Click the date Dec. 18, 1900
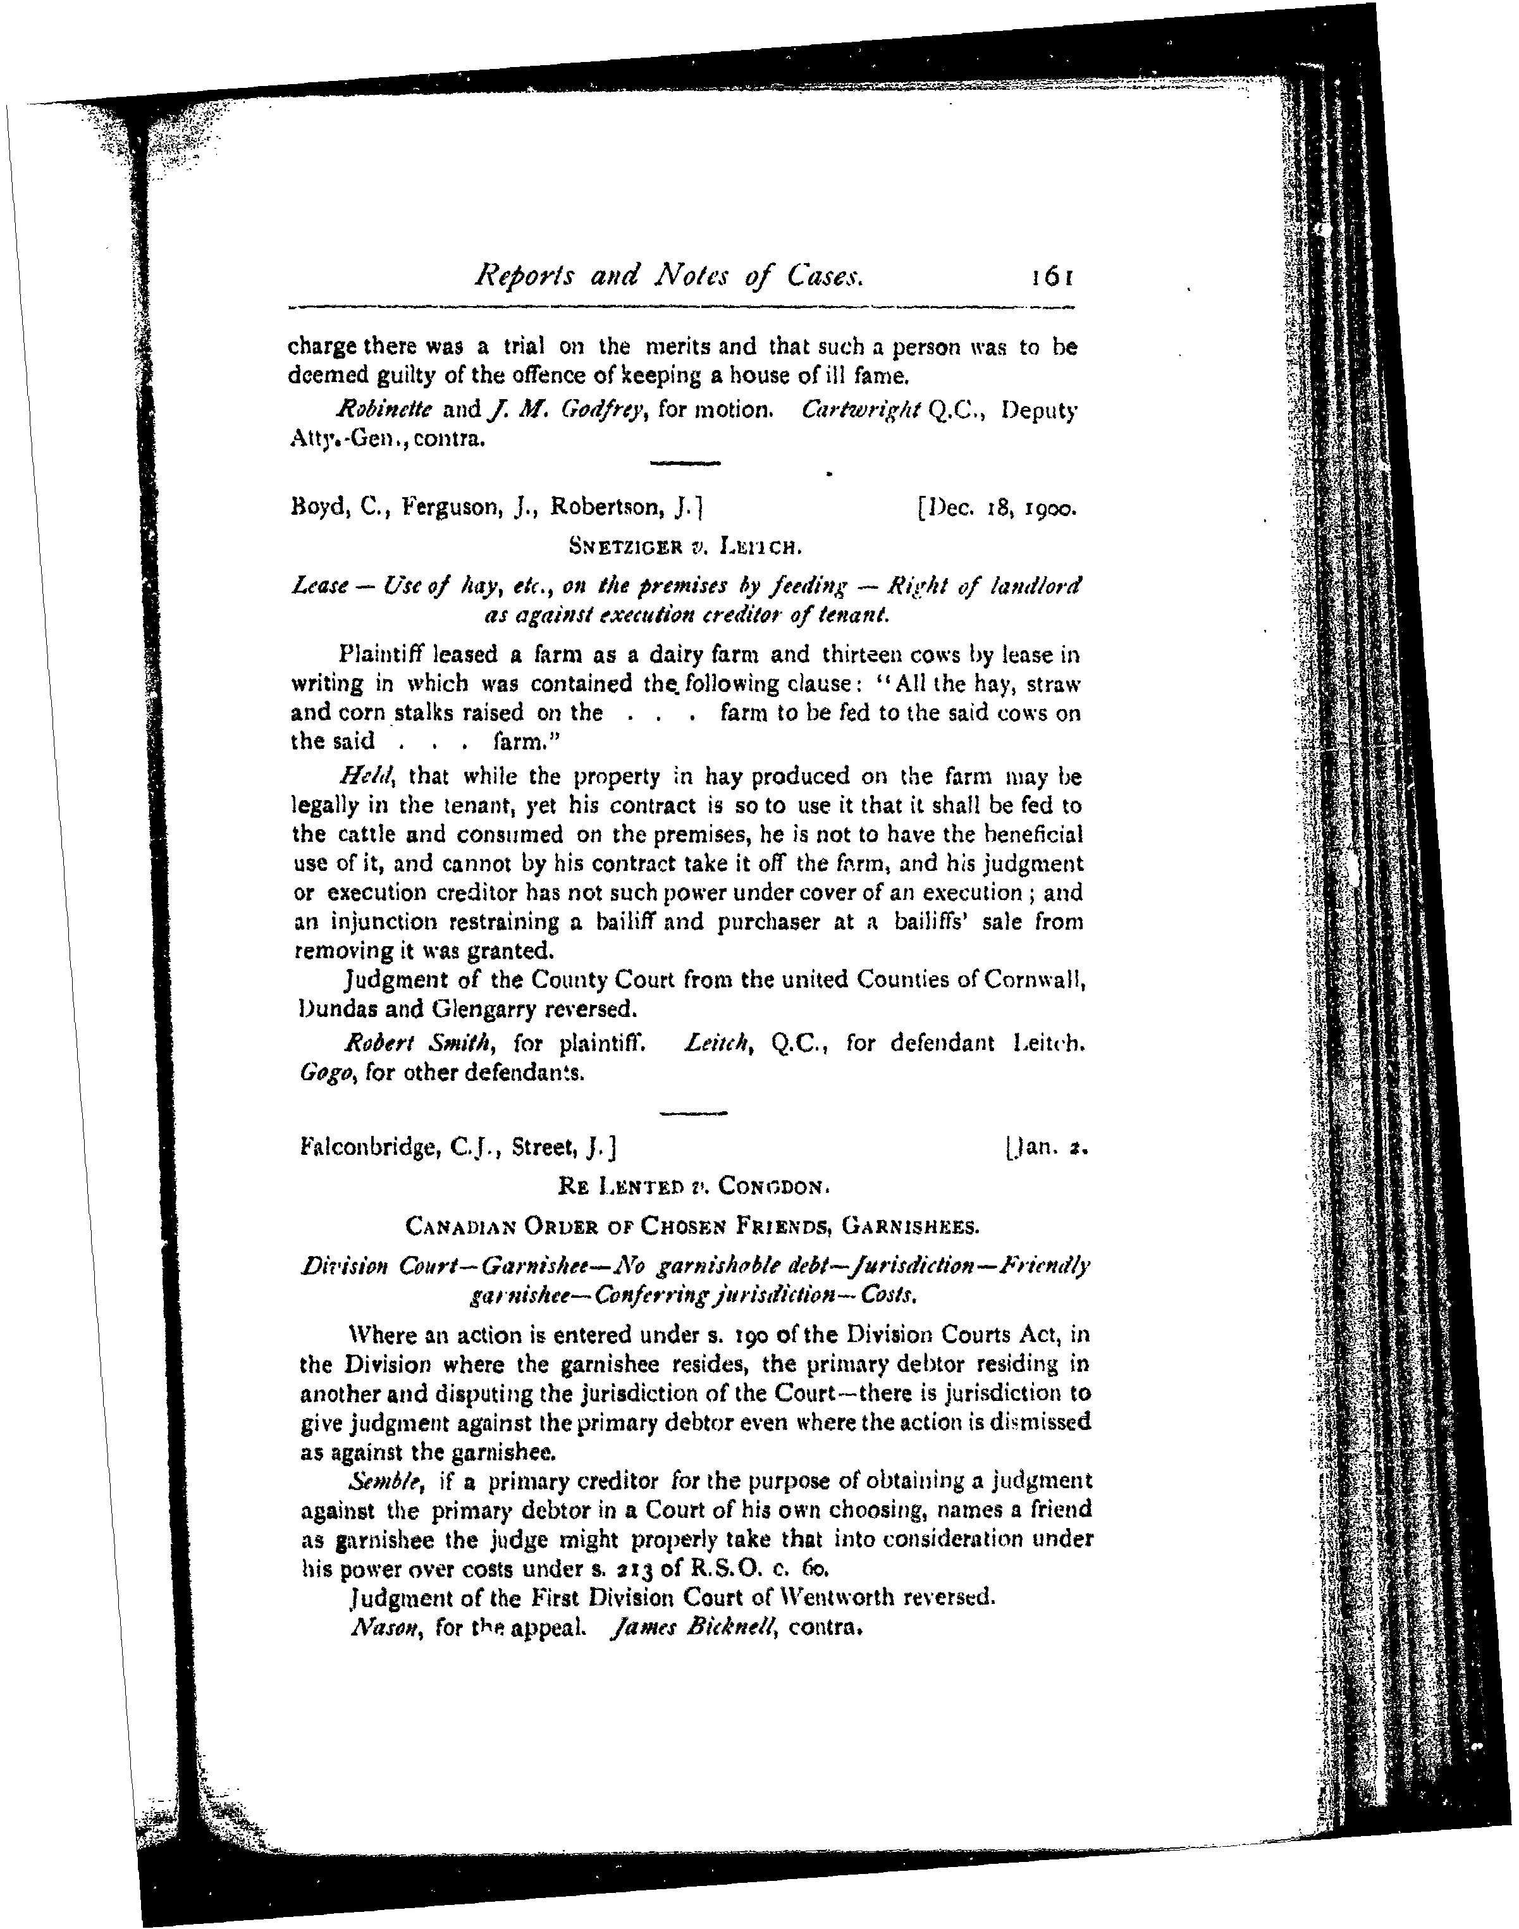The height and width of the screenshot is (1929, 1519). (996, 510)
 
